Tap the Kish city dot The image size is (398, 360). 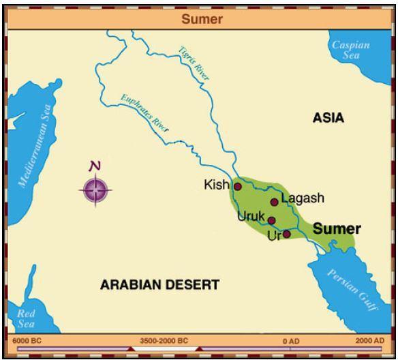click(x=238, y=186)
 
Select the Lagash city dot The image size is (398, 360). click(x=275, y=202)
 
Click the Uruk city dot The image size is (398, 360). click(x=271, y=220)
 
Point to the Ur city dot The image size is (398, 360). click(x=286, y=234)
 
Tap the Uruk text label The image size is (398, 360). click(x=251, y=217)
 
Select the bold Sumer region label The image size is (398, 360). click(x=336, y=230)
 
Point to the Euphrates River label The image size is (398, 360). click(x=144, y=112)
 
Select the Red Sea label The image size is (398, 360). click(x=26, y=318)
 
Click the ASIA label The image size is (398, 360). click(x=328, y=119)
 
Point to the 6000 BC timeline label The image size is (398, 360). click(x=27, y=340)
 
